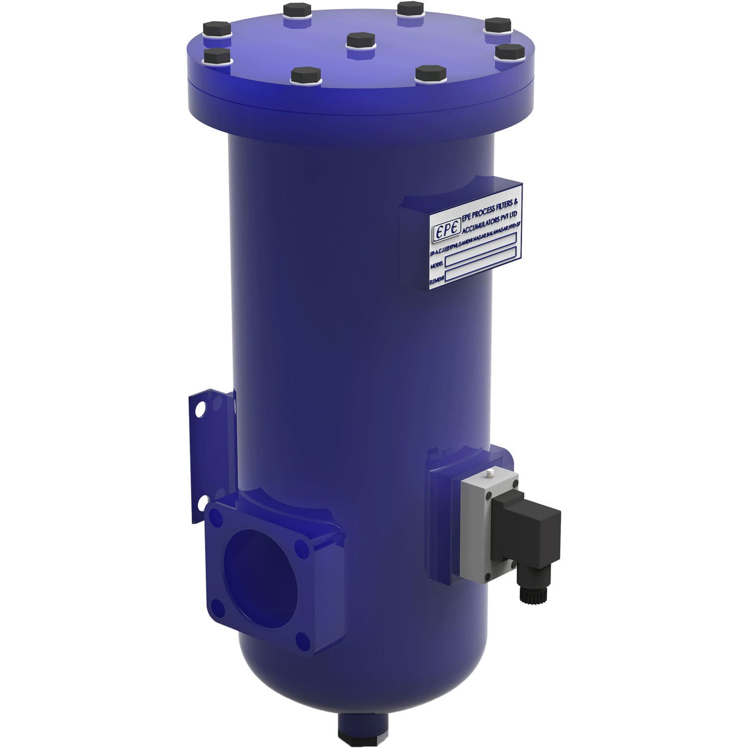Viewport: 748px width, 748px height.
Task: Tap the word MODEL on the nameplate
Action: pyautogui.click(x=436, y=266)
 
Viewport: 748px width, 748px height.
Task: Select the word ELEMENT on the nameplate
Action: pyautogui.click(x=437, y=281)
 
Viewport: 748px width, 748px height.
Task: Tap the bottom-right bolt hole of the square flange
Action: pyautogui.click(x=301, y=640)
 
